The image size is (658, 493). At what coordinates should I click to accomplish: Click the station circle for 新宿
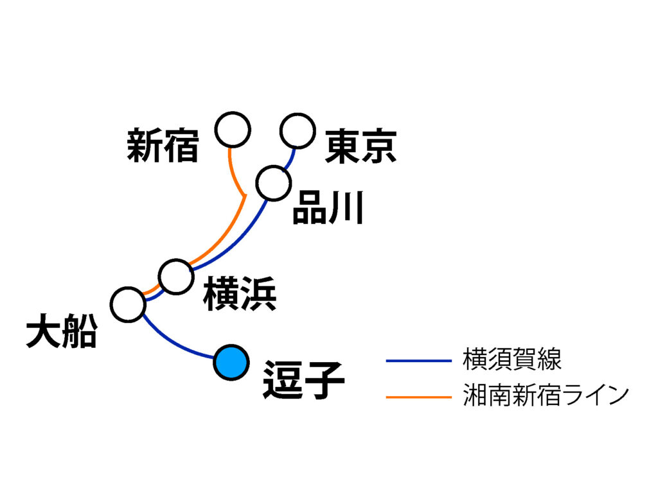coord(233,130)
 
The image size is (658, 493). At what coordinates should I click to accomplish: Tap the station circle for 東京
coord(298,131)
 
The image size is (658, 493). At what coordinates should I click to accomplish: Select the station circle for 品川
coord(273,183)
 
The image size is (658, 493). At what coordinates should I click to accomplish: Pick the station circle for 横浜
coord(176,277)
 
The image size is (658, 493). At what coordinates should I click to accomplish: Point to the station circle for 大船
coord(128,304)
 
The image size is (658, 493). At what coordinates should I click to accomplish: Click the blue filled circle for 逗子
coord(231,363)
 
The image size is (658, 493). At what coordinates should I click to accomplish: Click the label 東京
coord(360,146)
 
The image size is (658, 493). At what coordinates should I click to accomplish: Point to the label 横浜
coord(240,295)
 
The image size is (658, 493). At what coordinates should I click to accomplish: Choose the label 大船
coord(62,334)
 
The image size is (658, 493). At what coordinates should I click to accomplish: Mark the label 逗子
coord(303,380)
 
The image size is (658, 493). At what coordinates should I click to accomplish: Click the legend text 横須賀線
coord(512,359)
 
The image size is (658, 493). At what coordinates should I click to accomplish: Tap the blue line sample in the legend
coord(419,361)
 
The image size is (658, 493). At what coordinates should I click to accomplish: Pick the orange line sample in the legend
coord(419,397)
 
